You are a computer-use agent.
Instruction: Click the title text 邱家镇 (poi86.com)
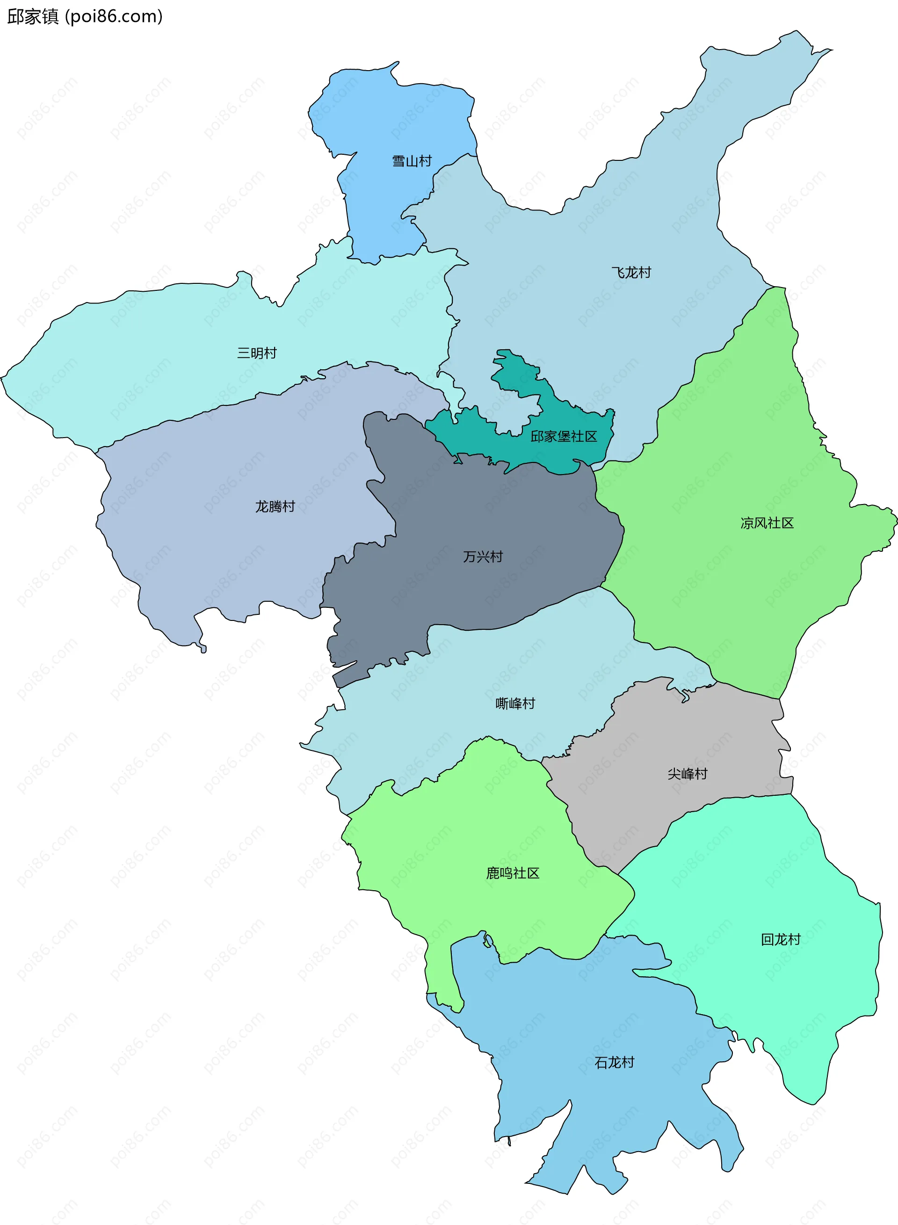tap(85, 16)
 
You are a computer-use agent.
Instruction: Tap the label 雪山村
tap(412, 161)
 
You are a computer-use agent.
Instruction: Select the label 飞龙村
tap(631, 272)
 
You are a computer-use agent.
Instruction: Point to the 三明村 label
tap(257, 353)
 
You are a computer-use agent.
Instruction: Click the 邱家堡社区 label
tap(564, 436)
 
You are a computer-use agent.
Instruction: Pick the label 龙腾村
tap(275, 506)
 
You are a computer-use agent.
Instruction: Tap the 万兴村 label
tap(483, 556)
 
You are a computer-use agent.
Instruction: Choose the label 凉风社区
tap(767, 523)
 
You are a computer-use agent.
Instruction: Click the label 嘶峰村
tap(515, 703)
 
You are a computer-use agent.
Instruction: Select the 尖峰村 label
tap(687, 774)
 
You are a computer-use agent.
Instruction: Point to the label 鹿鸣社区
tap(513, 873)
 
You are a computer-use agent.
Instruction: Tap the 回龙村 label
tap(781, 939)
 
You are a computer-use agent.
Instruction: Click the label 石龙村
tap(614, 1062)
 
